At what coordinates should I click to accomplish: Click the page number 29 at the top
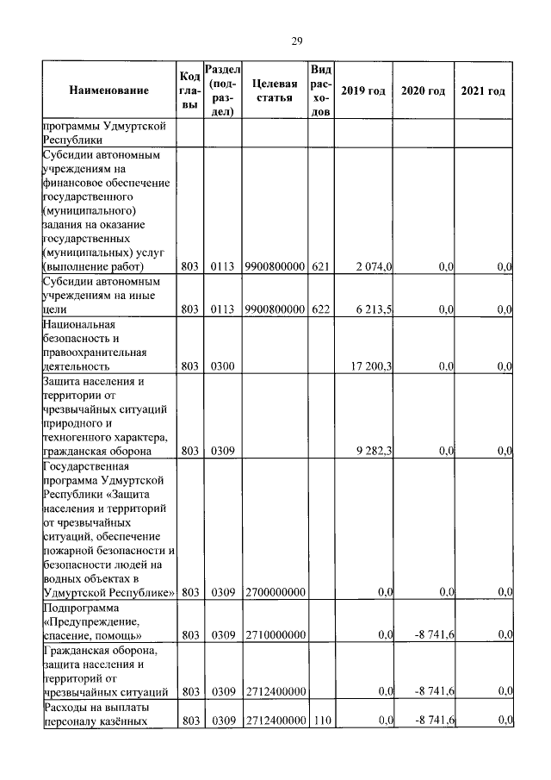click(295, 41)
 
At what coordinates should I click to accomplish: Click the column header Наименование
click(108, 90)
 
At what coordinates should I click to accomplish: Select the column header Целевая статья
click(275, 90)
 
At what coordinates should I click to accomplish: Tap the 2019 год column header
click(362, 90)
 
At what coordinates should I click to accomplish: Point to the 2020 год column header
click(423, 90)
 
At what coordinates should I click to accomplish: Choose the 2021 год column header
click(483, 90)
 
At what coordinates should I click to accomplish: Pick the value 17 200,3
click(372, 366)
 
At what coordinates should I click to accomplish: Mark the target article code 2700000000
click(275, 592)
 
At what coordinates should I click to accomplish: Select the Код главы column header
click(190, 90)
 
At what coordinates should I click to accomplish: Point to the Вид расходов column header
click(320, 90)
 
